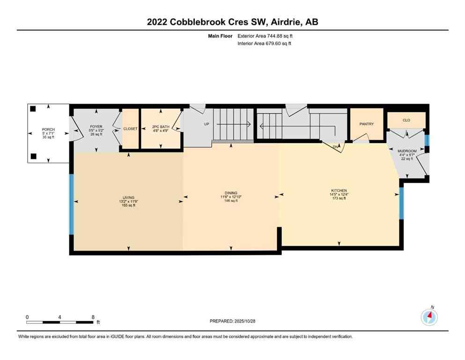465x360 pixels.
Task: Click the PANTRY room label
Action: [366, 124]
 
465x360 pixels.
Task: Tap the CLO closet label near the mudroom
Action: [406, 120]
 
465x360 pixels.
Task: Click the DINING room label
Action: [231, 193]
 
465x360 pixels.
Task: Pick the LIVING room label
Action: [127, 197]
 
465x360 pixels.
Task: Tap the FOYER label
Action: [96, 127]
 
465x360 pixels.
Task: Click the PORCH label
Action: [49, 129]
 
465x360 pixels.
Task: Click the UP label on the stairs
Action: [206, 125]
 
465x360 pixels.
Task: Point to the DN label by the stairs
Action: [336, 146]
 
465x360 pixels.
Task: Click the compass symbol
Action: [429, 317]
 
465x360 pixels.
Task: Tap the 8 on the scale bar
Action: [93, 317]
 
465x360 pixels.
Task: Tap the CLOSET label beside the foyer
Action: [130, 129]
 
